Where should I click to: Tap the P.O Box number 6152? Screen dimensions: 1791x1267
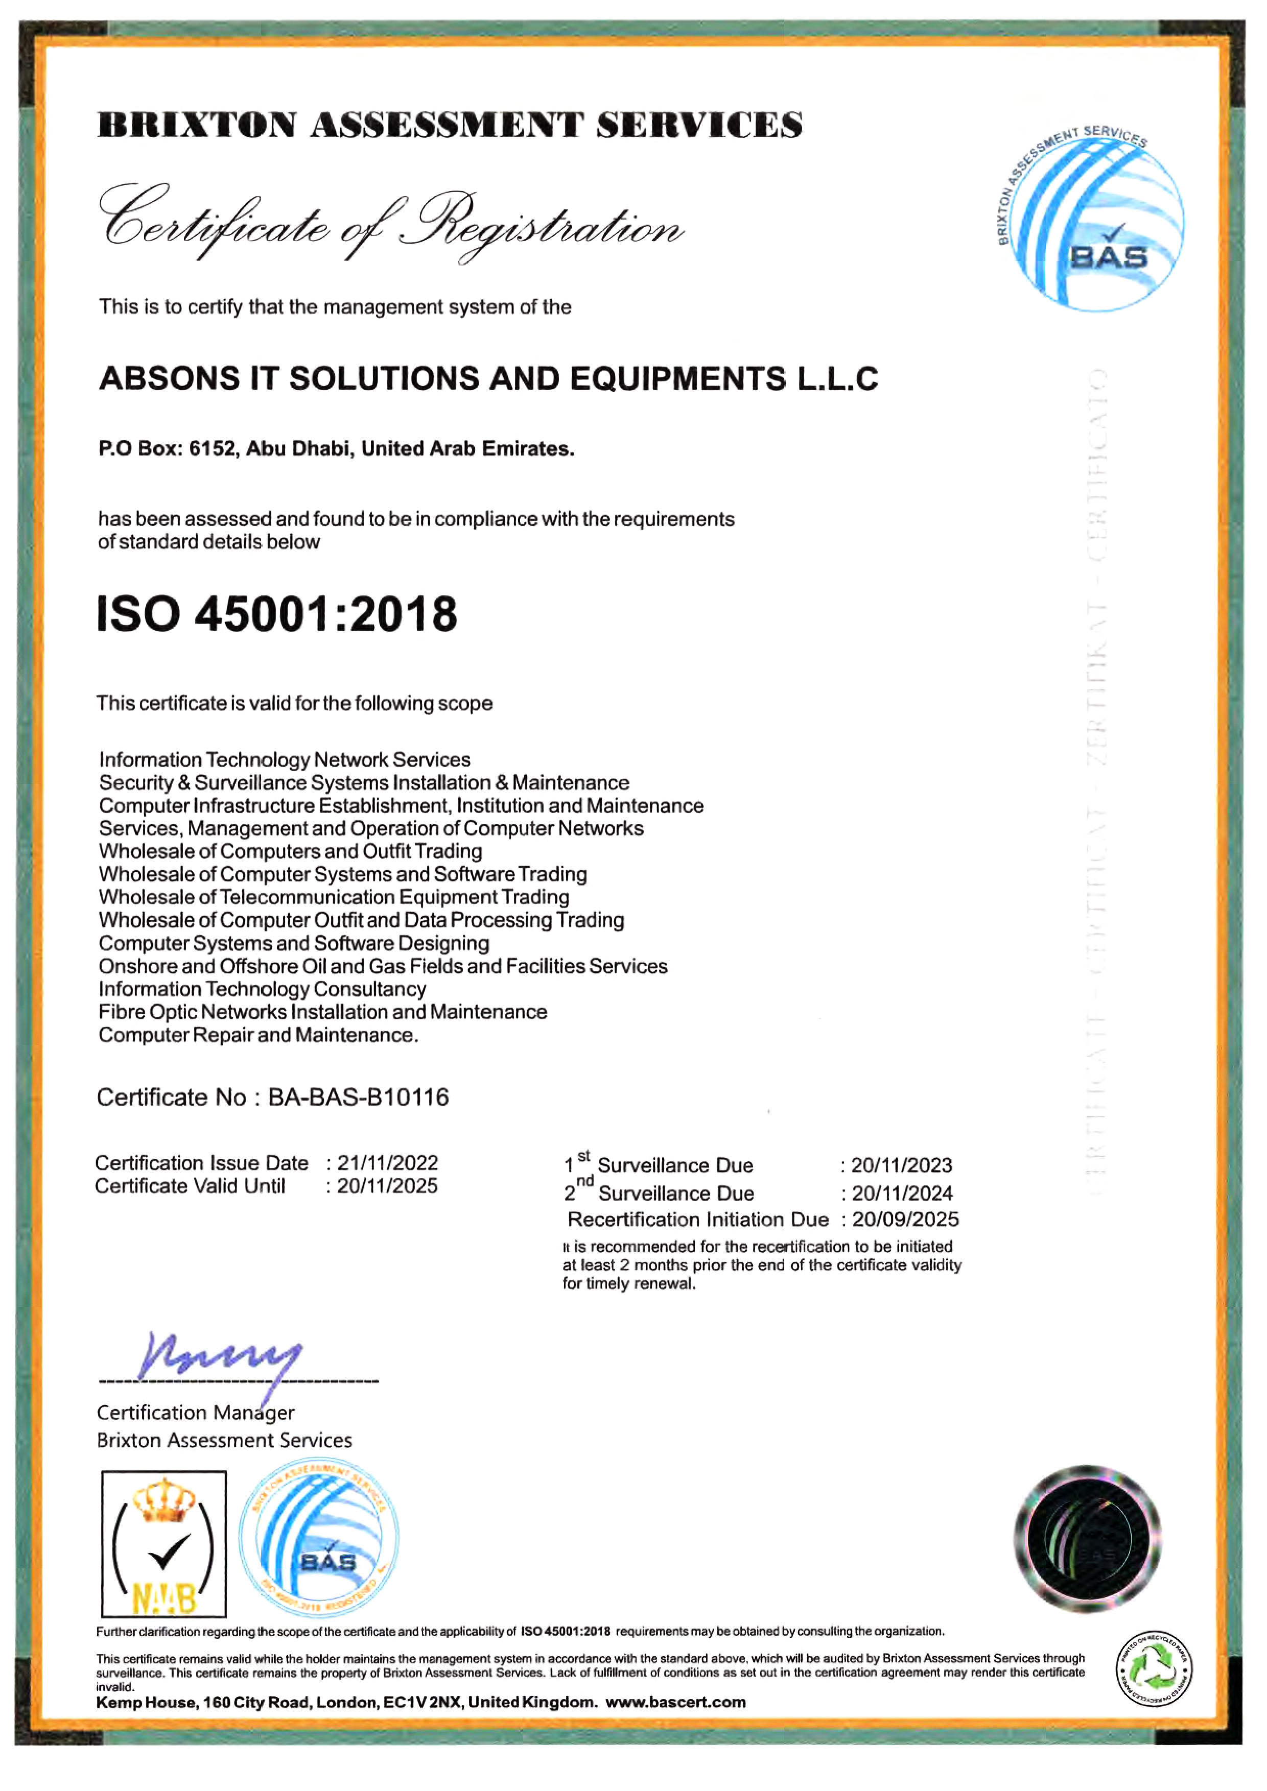213,449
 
